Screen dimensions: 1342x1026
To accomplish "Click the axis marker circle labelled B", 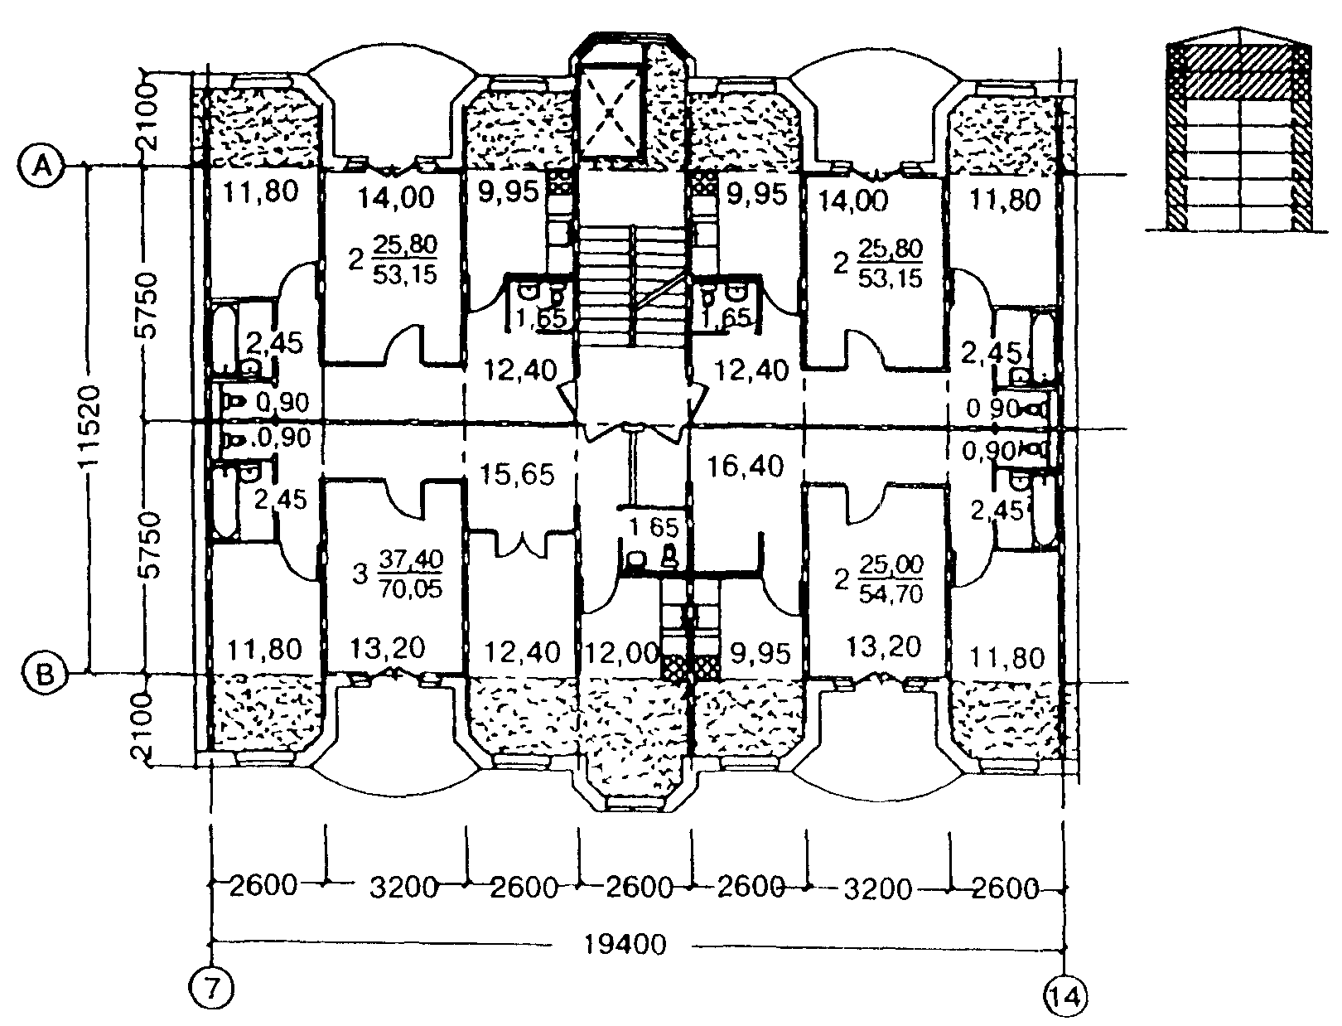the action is [x=44, y=675].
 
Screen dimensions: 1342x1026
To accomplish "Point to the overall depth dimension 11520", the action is [x=89, y=425].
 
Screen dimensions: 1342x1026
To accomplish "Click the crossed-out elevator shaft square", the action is [x=611, y=113].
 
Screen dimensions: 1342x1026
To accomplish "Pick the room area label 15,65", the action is [x=518, y=475].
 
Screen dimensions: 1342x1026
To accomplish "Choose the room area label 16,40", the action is [x=745, y=466].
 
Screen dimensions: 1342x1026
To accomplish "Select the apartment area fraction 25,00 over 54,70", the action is [x=891, y=579].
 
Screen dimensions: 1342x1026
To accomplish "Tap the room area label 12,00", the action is [x=621, y=653].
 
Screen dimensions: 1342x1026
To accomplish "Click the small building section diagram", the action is [x=1238, y=138].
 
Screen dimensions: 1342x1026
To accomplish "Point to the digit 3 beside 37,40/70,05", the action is [x=360, y=574].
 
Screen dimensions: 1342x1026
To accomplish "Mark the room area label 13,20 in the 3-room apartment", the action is [x=388, y=649].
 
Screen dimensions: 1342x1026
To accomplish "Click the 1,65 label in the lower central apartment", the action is [x=654, y=526].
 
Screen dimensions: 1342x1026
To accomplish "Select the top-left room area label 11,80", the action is [x=260, y=191].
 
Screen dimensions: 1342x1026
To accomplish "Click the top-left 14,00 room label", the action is [x=396, y=197].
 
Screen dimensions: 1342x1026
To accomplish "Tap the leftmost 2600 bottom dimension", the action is [x=263, y=886].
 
